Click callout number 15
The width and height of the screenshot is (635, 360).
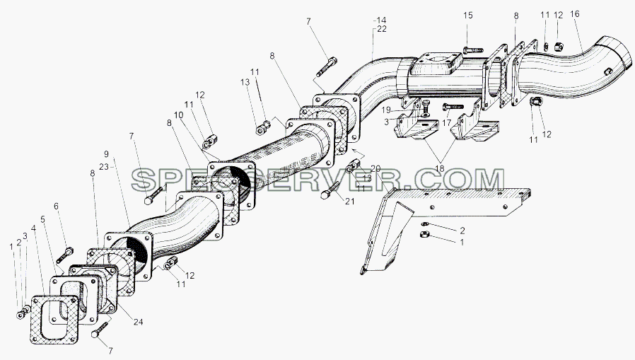pyautogui.click(x=467, y=16)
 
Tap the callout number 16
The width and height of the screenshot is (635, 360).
pyautogui.click(x=575, y=14)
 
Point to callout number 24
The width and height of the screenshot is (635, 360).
pyautogui.click(x=139, y=323)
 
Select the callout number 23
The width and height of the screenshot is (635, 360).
pyautogui.click(x=104, y=166)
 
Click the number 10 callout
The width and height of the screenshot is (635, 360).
pyautogui.click(x=179, y=115)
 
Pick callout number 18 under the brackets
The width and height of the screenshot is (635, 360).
pyautogui.click(x=439, y=168)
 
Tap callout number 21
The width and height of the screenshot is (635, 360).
pyautogui.click(x=349, y=201)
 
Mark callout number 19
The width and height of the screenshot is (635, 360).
pyautogui.click(x=386, y=110)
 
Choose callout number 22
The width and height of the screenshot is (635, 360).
pyautogui.click(x=381, y=29)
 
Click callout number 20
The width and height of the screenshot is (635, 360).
pyautogui.click(x=375, y=168)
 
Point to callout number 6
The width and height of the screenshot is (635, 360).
pyautogui.click(x=57, y=207)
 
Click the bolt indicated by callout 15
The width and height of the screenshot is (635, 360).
pyautogui.click(x=472, y=50)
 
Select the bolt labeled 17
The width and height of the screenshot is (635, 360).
pyautogui.click(x=453, y=107)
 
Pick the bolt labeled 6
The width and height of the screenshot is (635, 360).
pyautogui.click(x=65, y=254)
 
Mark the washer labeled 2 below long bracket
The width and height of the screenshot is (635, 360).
pyautogui.click(x=424, y=224)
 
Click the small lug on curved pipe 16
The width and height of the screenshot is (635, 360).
pyautogui.click(x=607, y=71)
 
